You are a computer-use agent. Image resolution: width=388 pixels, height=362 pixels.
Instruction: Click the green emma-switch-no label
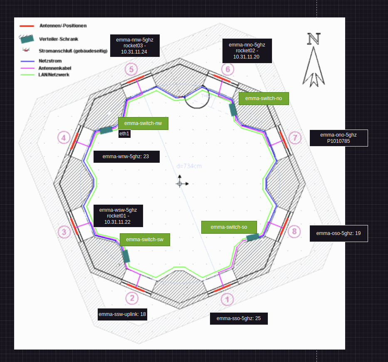[264, 98]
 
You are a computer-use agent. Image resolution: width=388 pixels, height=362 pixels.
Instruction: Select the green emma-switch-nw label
[143, 123]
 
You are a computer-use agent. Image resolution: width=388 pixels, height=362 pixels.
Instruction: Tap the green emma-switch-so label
[229, 227]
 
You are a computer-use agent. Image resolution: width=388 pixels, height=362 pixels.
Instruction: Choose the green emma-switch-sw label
[145, 240]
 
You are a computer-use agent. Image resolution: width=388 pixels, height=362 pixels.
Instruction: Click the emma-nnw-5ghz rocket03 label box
[135, 46]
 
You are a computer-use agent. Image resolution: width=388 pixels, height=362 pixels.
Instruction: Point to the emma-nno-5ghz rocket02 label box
[247, 51]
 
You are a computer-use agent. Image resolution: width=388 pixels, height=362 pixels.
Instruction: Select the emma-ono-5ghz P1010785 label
[339, 138]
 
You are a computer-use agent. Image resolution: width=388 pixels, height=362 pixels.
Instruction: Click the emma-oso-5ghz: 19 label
[339, 233]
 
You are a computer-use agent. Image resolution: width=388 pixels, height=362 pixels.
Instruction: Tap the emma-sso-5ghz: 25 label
[239, 318]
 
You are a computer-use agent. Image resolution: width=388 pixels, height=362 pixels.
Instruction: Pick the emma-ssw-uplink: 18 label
[122, 314]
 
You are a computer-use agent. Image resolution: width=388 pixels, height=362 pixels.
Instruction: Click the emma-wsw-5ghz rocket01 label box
[118, 216]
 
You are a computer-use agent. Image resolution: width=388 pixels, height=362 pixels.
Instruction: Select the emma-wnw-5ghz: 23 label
[126, 157]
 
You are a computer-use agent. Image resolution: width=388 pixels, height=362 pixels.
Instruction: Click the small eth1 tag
[124, 134]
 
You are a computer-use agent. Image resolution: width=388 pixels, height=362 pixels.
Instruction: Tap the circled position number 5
[131, 69]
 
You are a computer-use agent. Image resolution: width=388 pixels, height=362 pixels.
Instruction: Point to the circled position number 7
[294, 138]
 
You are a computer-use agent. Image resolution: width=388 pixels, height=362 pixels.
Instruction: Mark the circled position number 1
[227, 299]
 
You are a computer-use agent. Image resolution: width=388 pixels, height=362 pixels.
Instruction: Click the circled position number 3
[64, 232]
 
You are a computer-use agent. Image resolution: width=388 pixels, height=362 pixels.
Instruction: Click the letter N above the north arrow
[314, 39]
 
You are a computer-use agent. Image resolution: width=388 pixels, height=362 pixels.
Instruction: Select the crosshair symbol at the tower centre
[180, 183]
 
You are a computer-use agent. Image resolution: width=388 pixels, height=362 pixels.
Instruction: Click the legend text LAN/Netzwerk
[54, 75]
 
